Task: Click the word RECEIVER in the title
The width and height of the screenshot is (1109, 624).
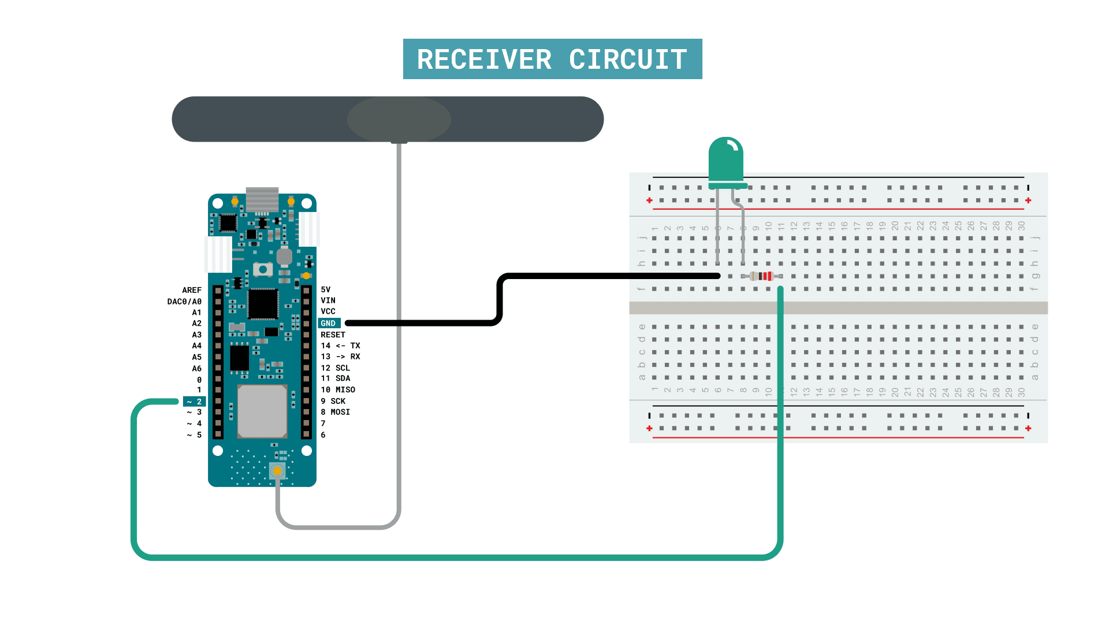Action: point(484,60)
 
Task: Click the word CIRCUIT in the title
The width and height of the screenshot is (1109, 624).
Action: point(628,60)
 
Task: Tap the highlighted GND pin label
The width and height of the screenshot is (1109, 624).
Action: point(328,324)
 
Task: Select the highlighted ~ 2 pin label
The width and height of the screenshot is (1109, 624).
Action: point(195,402)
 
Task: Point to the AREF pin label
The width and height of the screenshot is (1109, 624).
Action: point(192,290)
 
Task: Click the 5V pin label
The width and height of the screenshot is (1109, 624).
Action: point(326,289)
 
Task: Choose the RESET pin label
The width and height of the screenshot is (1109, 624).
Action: point(333,335)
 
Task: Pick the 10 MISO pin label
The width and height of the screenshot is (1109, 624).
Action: point(338,390)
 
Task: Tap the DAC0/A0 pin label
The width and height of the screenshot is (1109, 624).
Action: point(184,302)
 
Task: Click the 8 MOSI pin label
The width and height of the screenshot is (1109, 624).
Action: point(336,412)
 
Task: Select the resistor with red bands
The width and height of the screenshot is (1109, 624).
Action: point(762,276)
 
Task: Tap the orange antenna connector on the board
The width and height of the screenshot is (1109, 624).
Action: point(277,471)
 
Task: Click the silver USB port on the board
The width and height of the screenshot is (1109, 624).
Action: point(262,199)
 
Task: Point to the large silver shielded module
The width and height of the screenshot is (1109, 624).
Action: point(262,411)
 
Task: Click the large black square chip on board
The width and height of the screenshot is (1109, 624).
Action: point(263,303)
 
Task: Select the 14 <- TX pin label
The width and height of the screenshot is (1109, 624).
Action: point(340,346)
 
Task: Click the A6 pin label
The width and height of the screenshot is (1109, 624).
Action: point(197,369)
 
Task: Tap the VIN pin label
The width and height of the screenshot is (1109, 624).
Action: point(328,300)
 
